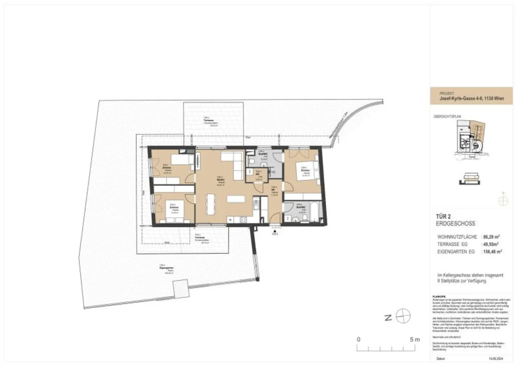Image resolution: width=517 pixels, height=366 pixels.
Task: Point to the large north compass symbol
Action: (403, 316)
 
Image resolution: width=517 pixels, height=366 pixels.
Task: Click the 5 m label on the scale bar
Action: (415, 339)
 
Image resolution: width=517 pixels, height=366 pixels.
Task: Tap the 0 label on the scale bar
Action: (358, 339)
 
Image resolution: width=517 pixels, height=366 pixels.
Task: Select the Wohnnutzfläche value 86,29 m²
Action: (491, 237)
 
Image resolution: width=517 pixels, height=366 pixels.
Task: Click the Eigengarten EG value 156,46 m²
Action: (492, 252)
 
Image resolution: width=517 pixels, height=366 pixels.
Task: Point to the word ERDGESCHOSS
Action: (455, 224)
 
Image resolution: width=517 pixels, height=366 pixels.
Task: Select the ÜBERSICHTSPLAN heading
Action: (447, 117)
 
